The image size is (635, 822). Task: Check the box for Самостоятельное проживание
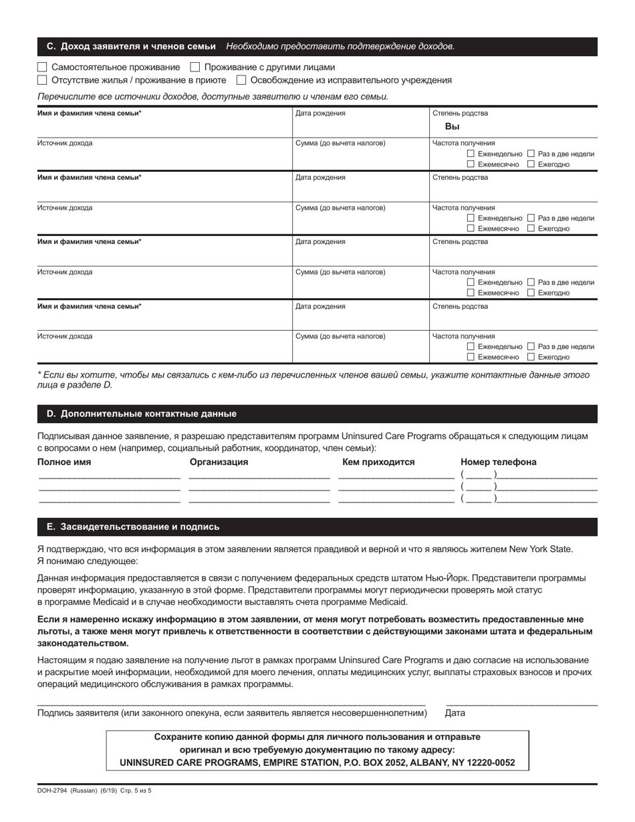pyautogui.click(x=42, y=67)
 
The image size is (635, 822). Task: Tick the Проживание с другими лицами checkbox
pyautogui.click(x=195, y=67)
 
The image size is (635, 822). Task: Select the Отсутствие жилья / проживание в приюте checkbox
pyautogui.click(x=42, y=80)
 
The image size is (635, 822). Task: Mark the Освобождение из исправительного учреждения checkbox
pyautogui.click(x=241, y=80)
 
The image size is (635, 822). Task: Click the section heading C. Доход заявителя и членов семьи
pyautogui.click(x=131, y=47)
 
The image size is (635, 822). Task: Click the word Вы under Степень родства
pyautogui.click(x=452, y=127)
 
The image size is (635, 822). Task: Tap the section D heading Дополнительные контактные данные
pyautogui.click(x=141, y=414)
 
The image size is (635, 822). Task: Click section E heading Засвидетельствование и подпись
pyautogui.click(x=132, y=527)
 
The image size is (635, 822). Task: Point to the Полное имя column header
pyautogui.click(x=64, y=462)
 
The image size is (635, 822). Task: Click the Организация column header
pyautogui.click(x=219, y=462)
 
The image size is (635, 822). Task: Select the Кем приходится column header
pyautogui.click(x=378, y=462)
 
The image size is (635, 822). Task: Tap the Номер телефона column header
pyautogui.click(x=498, y=462)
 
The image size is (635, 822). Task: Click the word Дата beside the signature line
pyautogui.click(x=455, y=713)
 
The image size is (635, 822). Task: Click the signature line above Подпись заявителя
pyautogui.click(x=231, y=705)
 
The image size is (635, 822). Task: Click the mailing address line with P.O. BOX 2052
pyautogui.click(x=317, y=763)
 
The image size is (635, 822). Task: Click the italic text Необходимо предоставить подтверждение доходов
pyautogui.click(x=340, y=47)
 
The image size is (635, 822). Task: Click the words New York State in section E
pyautogui.click(x=541, y=549)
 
